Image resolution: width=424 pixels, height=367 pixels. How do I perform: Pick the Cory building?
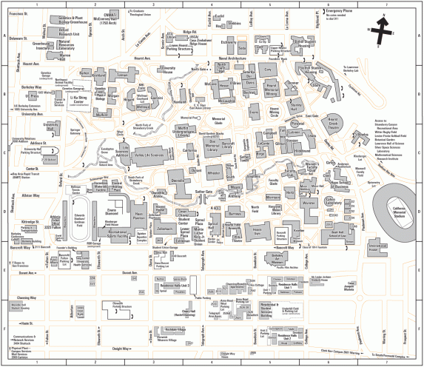[x=269, y=69]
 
